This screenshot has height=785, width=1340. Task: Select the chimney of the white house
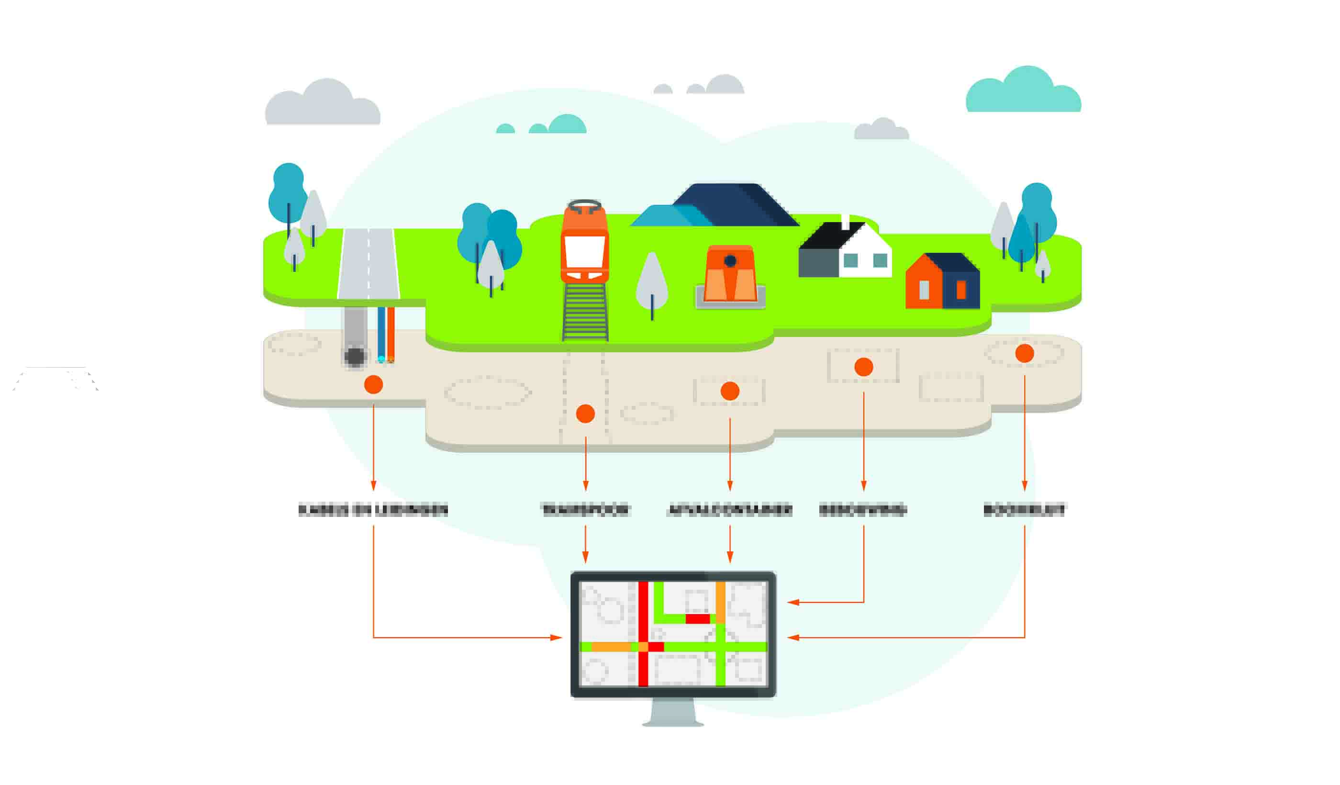[845, 221]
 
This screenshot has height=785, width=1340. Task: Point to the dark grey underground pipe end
[355, 356]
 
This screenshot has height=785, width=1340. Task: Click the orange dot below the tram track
[585, 414]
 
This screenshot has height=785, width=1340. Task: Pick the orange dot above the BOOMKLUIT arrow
[1024, 353]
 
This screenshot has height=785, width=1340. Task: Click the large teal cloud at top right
[1024, 93]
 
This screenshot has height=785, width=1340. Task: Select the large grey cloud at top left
[323, 106]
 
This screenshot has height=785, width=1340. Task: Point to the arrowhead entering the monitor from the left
[556, 637]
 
